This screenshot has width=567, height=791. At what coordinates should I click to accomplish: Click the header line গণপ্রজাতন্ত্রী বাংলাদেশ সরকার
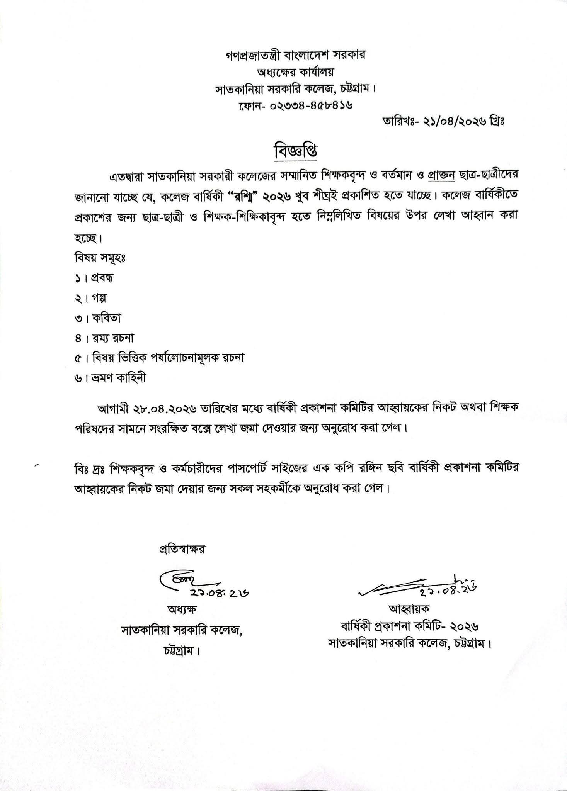(x=296, y=55)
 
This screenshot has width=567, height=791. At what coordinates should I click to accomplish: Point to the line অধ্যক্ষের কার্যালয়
(x=296, y=72)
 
